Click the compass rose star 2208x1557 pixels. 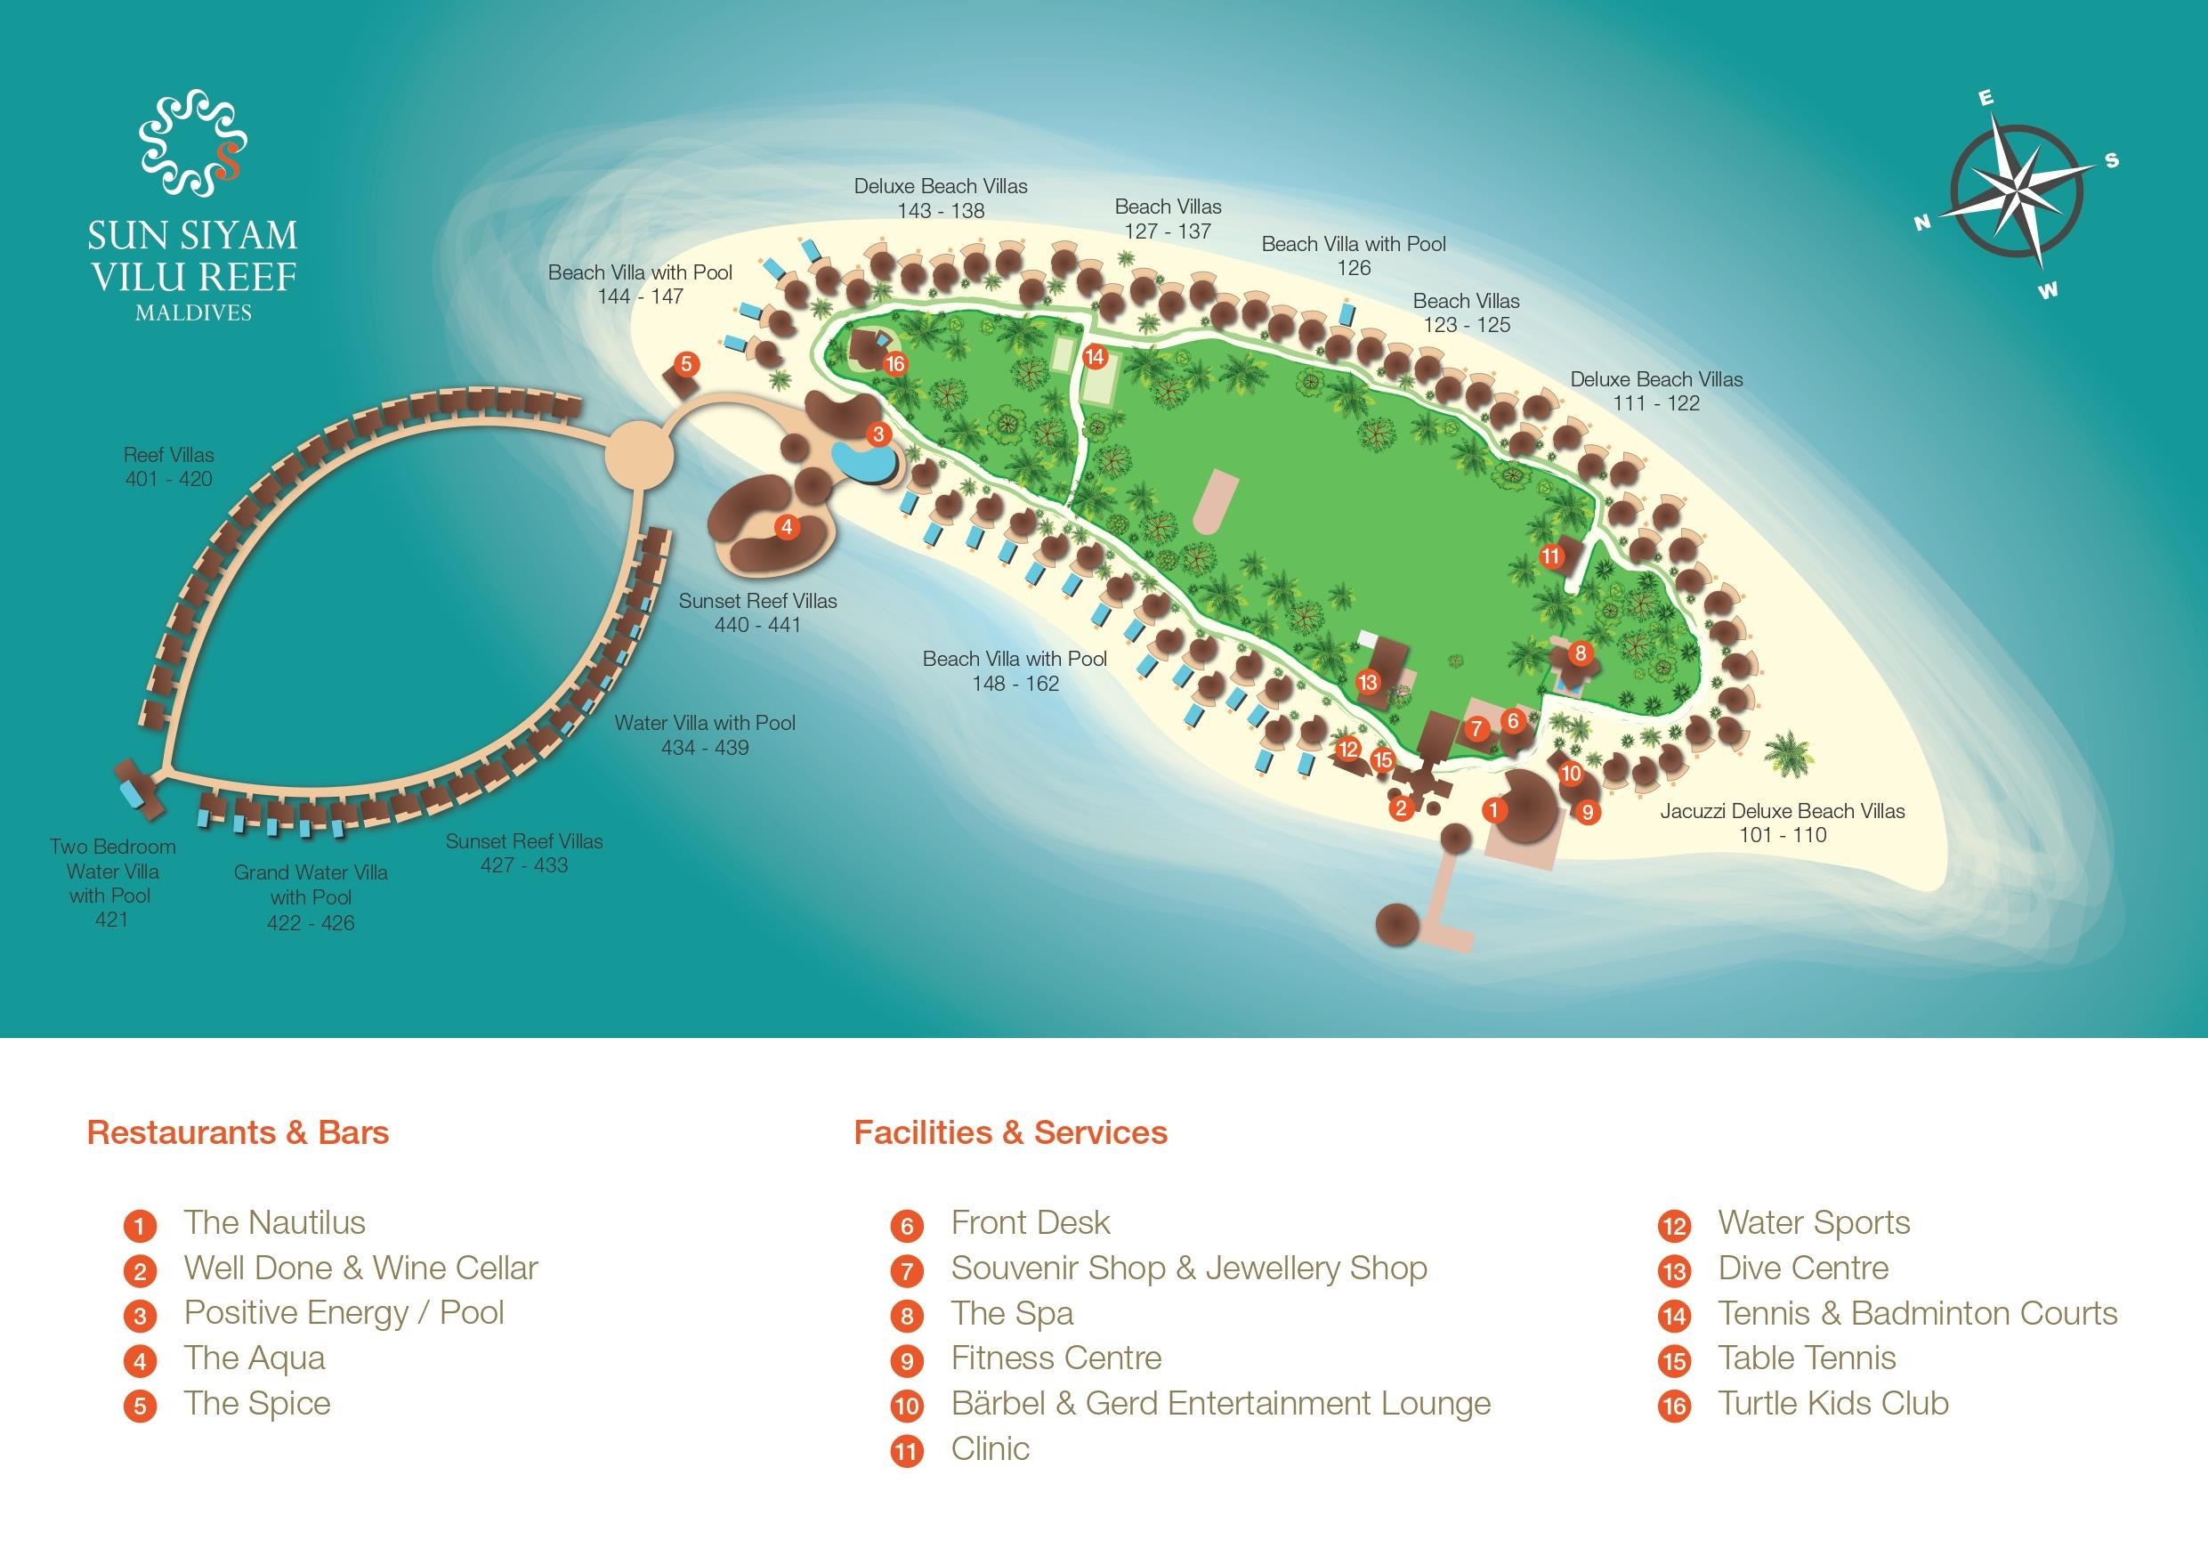(2017, 195)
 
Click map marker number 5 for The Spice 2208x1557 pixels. (685, 363)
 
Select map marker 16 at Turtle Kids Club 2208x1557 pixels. (895, 363)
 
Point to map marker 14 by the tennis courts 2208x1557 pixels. (1095, 357)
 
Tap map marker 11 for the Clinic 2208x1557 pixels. (1550, 555)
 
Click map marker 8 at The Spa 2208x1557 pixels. (1580, 654)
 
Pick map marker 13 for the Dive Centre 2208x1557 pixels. (1368, 682)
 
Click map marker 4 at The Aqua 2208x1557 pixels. (787, 527)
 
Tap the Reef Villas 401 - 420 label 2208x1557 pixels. (169, 466)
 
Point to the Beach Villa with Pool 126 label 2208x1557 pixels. (1353, 255)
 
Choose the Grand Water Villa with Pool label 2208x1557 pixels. (311, 896)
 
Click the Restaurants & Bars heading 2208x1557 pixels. (238, 1132)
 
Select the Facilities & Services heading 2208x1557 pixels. (1010, 1132)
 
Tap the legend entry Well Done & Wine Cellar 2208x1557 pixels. (360, 1268)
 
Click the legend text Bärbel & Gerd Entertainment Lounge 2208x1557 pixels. (1220, 1403)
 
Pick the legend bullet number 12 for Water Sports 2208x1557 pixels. (1674, 1225)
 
